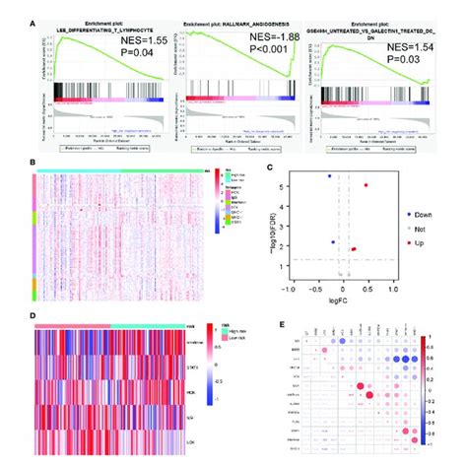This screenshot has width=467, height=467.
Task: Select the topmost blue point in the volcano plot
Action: [x=330, y=176]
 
